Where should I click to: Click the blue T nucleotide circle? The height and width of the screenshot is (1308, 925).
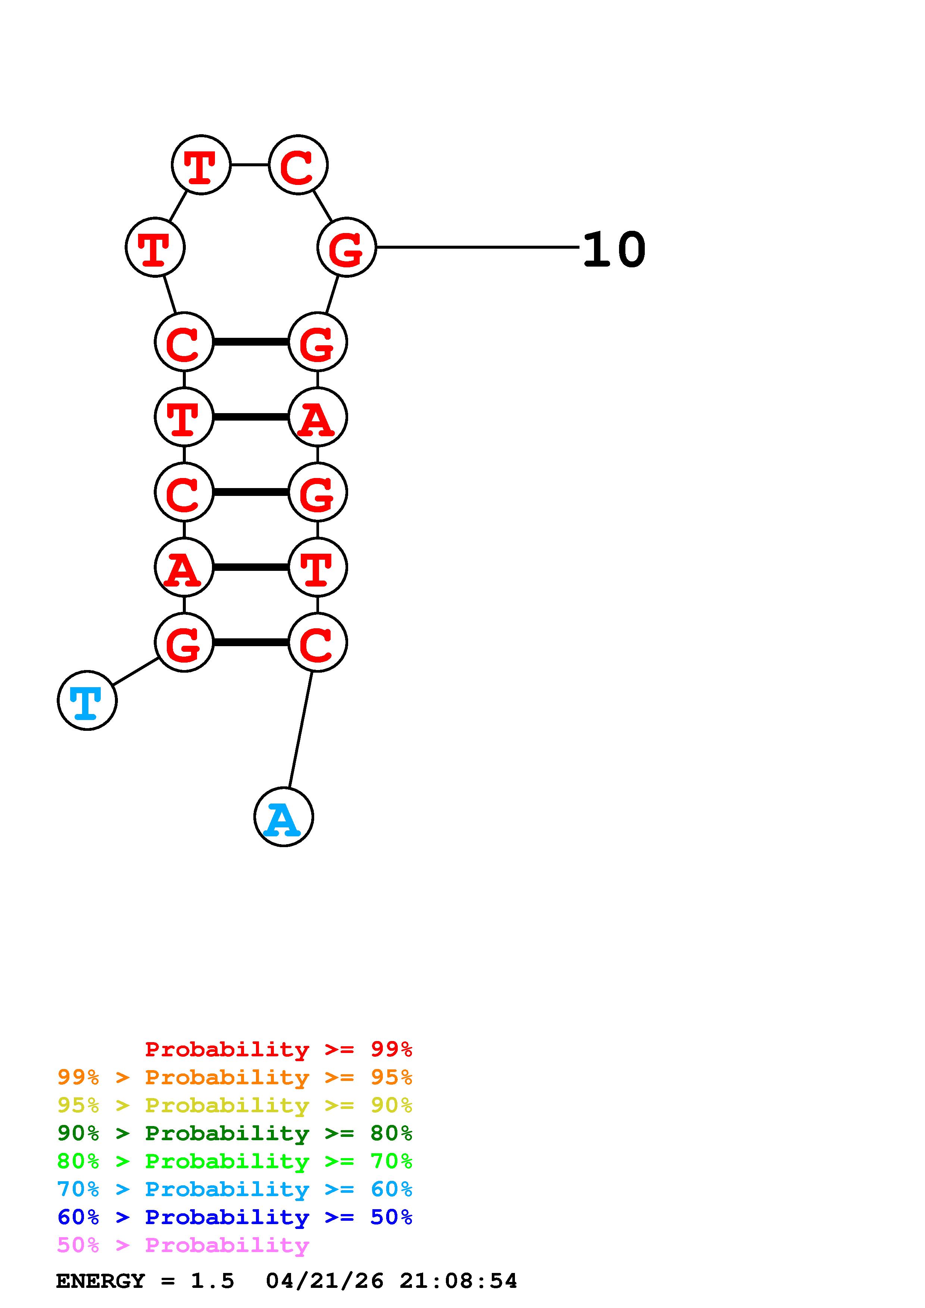point(87,700)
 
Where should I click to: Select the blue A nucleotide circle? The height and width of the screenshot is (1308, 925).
point(283,817)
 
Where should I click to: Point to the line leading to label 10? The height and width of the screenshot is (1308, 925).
point(478,247)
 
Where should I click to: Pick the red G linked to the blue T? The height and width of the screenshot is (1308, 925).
point(184,642)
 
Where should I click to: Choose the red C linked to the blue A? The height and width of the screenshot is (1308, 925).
point(318,642)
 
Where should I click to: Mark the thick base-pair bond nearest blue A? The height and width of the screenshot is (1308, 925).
point(251,642)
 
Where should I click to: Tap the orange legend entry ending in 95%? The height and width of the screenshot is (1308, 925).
point(235,1077)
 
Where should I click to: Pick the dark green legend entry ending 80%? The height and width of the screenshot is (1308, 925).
point(235,1134)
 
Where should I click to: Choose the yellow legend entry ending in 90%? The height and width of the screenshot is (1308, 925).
point(235,1105)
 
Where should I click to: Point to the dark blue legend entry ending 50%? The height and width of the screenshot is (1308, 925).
point(235,1217)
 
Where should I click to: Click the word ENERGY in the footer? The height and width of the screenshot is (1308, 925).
point(100,1281)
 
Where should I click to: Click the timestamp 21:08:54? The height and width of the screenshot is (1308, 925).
point(458,1281)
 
